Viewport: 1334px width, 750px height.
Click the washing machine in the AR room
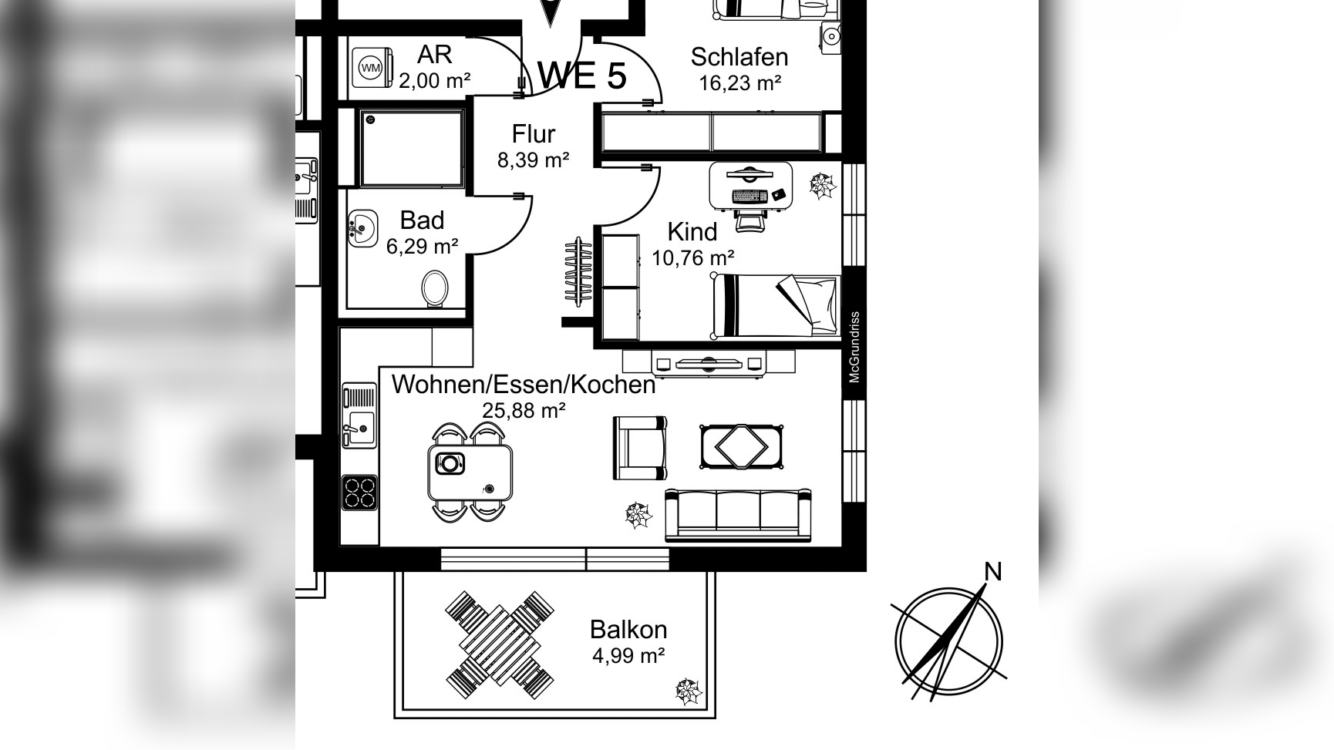372,68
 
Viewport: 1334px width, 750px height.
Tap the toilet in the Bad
435,288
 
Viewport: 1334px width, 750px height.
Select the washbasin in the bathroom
362,228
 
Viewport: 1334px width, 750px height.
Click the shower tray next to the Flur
411,147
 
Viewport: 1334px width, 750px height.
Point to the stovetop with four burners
359,493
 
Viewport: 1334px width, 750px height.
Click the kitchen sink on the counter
359,417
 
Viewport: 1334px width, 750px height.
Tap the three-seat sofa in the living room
738,514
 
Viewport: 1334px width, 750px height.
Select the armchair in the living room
639,448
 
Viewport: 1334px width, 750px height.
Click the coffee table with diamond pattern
742,446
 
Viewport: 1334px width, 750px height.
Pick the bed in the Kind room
776,305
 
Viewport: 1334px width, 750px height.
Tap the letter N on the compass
993,572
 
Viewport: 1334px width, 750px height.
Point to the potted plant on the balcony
689,691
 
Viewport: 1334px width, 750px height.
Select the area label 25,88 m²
524,410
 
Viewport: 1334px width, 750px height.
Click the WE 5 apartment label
581,76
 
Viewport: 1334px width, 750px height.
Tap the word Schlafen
739,57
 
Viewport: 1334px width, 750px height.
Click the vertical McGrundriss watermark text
854,347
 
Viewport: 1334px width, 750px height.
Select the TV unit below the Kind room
709,362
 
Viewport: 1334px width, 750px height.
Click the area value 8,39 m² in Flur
534,160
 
